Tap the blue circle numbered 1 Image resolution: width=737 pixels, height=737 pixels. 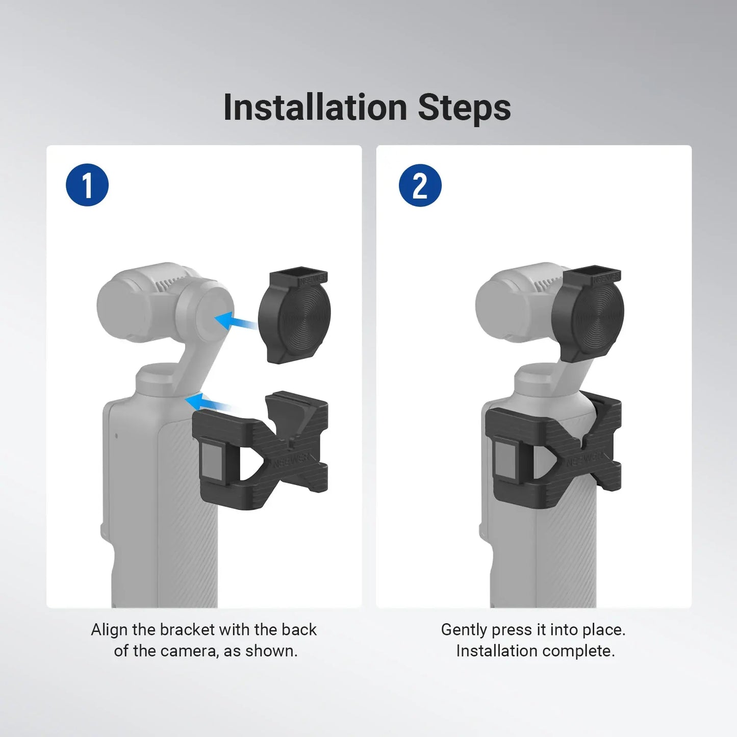click(x=87, y=185)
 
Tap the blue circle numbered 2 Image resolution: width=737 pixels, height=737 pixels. click(x=420, y=185)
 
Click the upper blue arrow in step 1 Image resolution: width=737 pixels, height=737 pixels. click(x=236, y=322)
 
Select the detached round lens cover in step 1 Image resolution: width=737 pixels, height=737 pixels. click(x=294, y=319)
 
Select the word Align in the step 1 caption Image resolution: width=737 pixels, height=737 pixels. click(x=109, y=630)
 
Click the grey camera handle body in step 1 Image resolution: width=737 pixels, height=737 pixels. click(x=158, y=510)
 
